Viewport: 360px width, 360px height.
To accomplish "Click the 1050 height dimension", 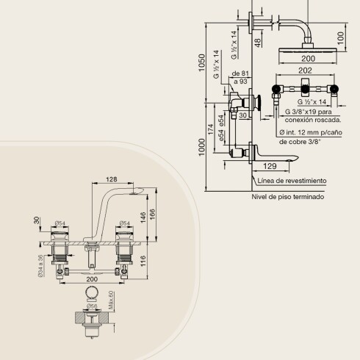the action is tap(201, 62).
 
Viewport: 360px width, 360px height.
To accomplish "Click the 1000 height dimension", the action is tap(201, 147).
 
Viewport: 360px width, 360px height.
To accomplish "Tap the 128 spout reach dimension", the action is tap(112, 179).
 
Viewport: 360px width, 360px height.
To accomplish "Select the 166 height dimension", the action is tap(152, 215).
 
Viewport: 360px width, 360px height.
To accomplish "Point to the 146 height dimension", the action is tap(143, 217).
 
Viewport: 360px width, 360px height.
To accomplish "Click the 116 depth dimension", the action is tap(143, 261).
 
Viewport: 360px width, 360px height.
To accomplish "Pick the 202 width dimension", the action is tap(305, 71).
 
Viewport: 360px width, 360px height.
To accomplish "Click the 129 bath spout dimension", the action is tap(270, 166).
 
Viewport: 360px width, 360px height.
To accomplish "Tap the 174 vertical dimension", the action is tap(210, 129).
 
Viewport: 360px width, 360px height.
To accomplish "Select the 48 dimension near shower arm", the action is tap(258, 43).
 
